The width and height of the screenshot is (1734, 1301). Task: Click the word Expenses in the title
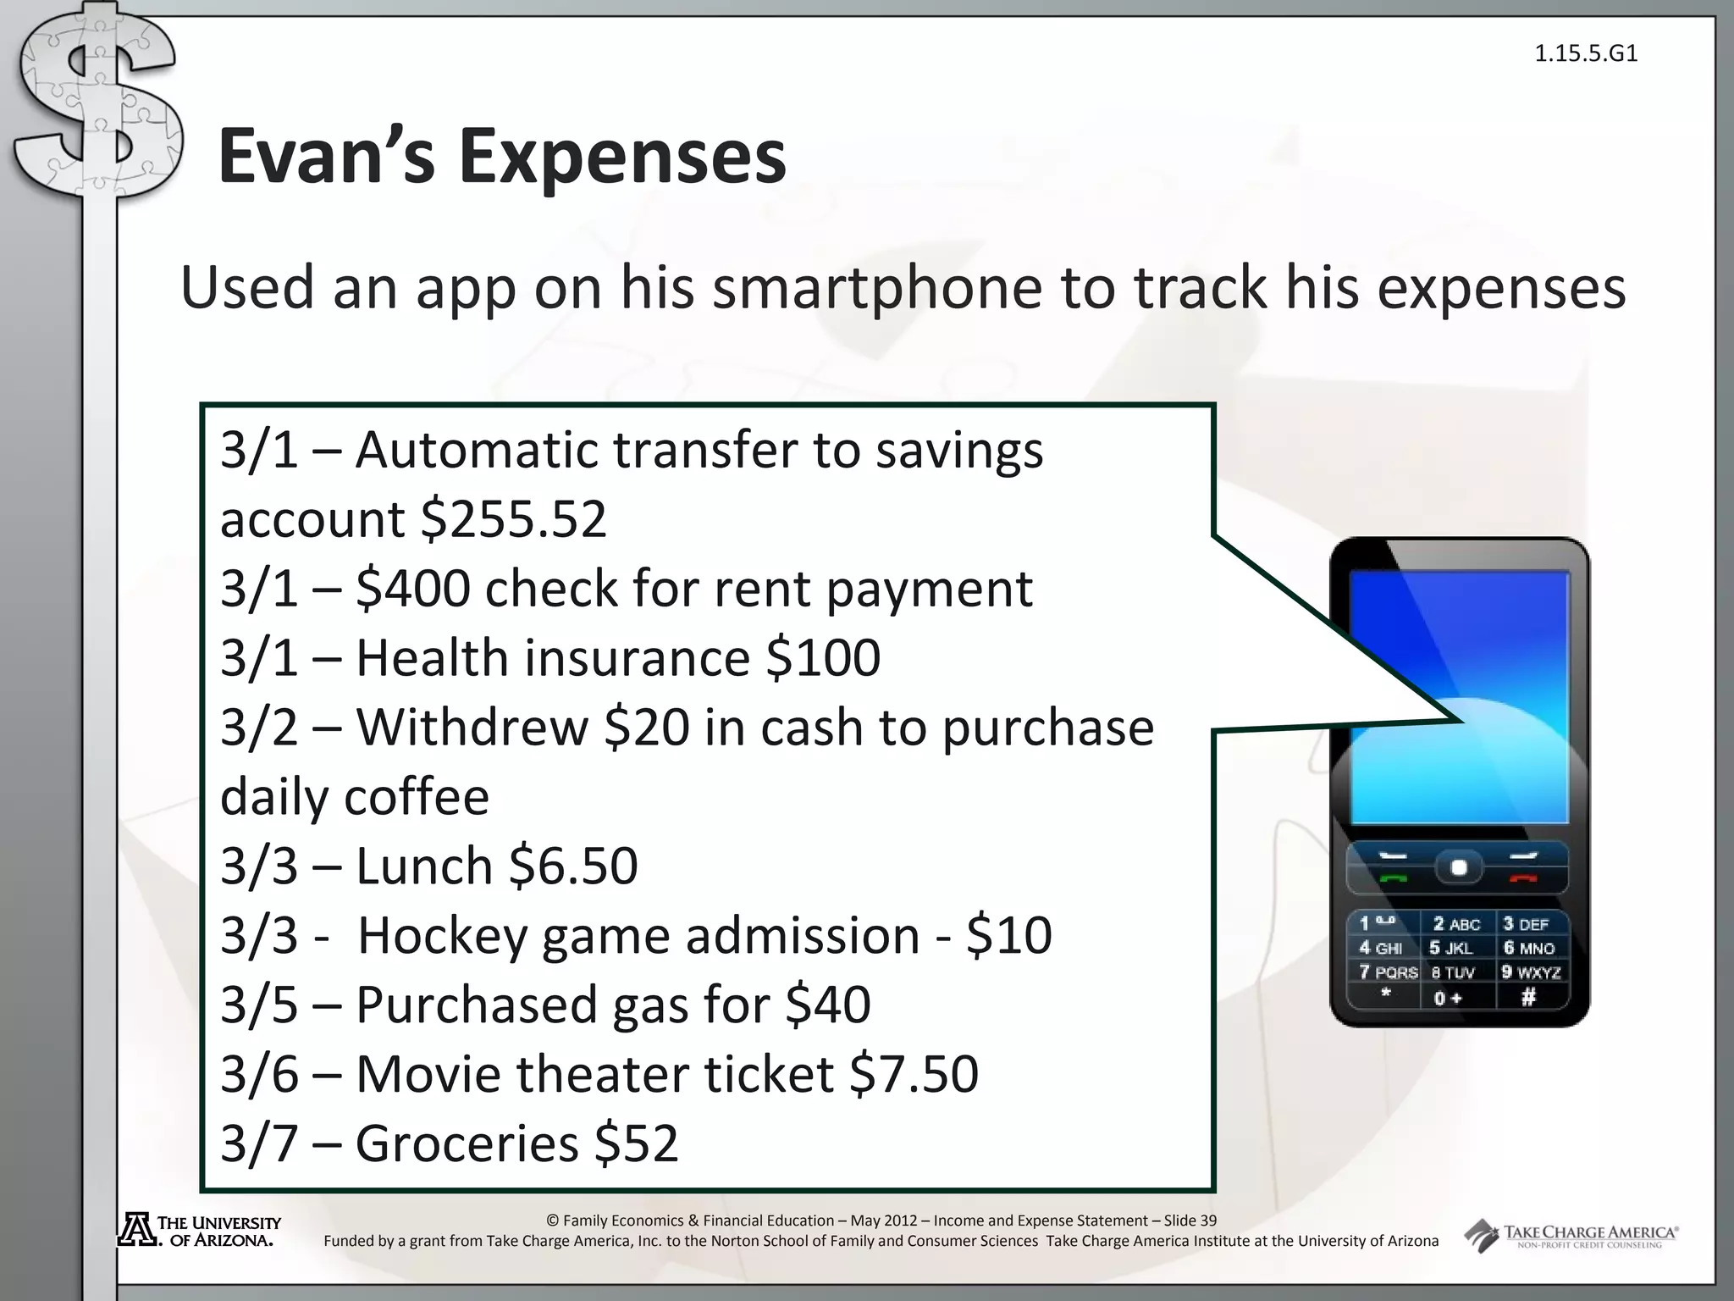point(623,158)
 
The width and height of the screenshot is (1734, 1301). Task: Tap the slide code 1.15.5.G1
point(1585,54)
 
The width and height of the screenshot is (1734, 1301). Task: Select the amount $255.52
point(514,519)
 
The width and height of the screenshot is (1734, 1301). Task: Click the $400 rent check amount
point(412,589)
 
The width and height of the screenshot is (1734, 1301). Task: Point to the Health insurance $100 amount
point(822,658)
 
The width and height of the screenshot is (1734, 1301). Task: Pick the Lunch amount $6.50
point(573,866)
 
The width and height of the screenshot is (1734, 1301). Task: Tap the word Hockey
point(441,936)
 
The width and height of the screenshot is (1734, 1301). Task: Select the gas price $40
point(827,1005)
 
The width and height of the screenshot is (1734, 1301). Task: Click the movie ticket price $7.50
point(914,1075)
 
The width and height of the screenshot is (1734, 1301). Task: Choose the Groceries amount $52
point(636,1143)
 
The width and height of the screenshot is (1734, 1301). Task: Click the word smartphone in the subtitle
point(876,289)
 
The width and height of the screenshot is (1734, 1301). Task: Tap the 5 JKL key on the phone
point(1451,949)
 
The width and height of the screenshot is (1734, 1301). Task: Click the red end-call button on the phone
point(1521,878)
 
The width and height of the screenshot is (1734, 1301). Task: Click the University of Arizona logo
point(198,1231)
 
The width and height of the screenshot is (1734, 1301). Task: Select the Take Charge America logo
point(1571,1236)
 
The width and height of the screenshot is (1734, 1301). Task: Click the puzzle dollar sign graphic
point(97,110)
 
